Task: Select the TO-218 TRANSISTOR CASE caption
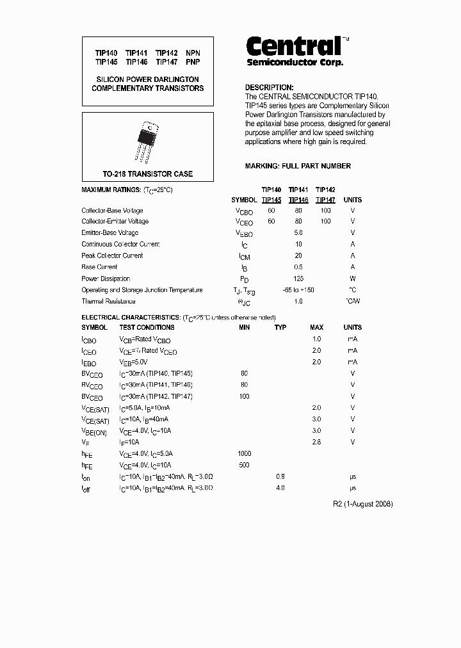click(148, 174)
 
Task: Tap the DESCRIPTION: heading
click(270, 88)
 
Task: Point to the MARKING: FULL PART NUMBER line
click(298, 166)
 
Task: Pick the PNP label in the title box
click(193, 62)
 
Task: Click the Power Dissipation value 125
click(298, 279)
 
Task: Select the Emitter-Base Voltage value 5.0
click(298, 232)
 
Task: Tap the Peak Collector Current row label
click(112, 255)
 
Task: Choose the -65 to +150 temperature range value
click(298, 290)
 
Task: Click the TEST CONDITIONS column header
click(147, 327)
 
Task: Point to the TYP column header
click(280, 327)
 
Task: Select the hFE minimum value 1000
click(244, 453)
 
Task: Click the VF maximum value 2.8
click(316, 442)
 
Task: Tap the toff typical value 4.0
click(280, 488)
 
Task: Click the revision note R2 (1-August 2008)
click(363, 504)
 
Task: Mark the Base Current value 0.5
click(298, 267)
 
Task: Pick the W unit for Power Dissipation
click(353, 279)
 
